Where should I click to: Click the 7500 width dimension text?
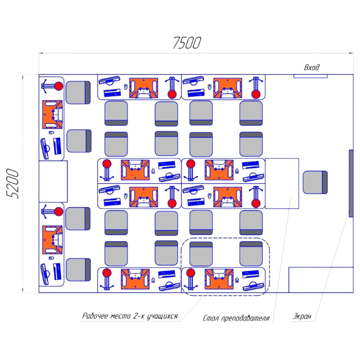pyautogui.click(x=186, y=44)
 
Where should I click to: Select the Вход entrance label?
pyautogui.click(x=312, y=67)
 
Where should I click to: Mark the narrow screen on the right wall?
pyautogui.click(x=351, y=184)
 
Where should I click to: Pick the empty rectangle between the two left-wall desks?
pyautogui.click(x=53, y=181)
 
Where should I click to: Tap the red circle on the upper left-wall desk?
pyautogui.click(x=59, y=86)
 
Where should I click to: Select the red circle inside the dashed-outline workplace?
pyautogui.click(x=191, y=273)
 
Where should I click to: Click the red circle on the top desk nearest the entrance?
pyautogui.click(x=255, y=94)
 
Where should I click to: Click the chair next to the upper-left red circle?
pyautogui.click(x=78, y=92)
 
